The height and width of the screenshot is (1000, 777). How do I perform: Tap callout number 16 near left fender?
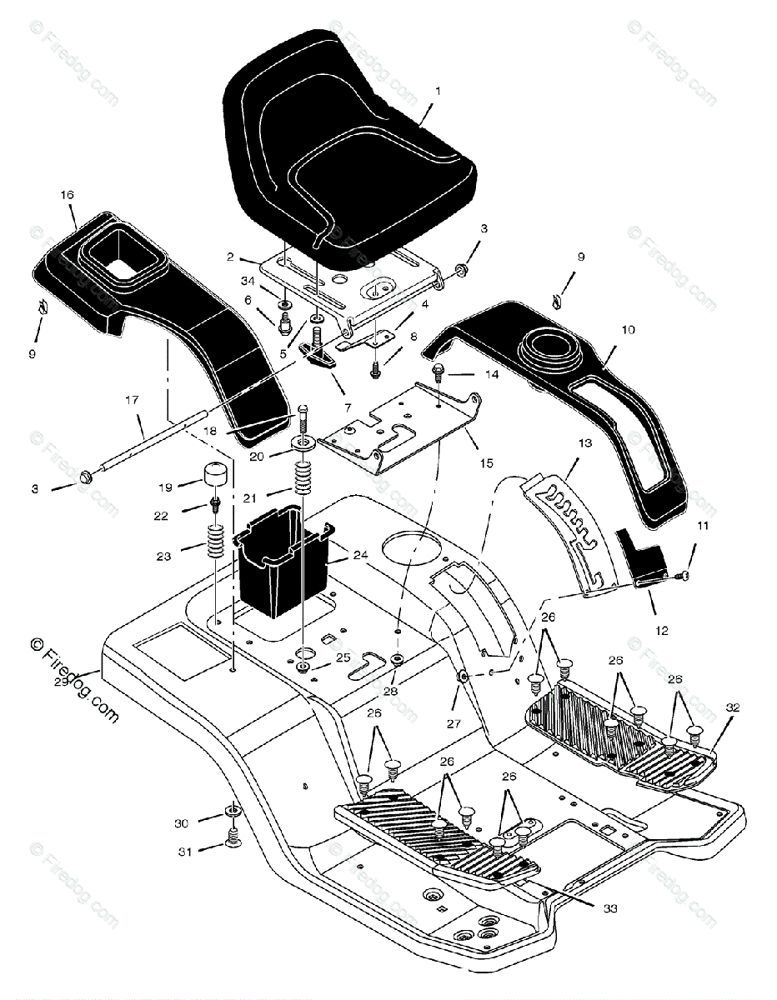click(67, 194)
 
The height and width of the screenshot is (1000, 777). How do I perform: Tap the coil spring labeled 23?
click(215, 546)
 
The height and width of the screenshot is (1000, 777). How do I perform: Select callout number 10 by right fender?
click(628, 330)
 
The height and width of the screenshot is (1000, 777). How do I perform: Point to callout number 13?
click(584, 443)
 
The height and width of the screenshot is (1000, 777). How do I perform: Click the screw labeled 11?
click(684, 573)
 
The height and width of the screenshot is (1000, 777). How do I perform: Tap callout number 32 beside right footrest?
click(732, 707)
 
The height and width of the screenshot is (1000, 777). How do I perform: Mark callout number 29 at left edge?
click(58, 682)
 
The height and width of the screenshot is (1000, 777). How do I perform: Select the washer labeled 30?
click(231, 812)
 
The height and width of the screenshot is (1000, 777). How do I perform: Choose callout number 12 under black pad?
click(661, 631)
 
